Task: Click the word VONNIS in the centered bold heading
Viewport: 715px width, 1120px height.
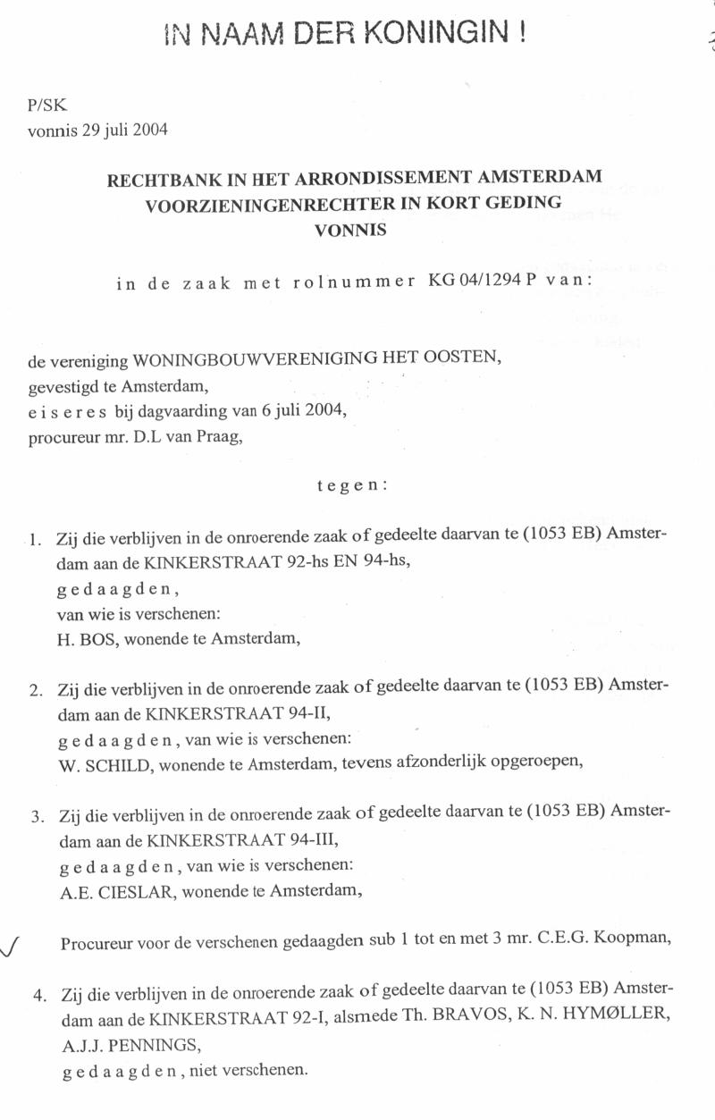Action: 351,229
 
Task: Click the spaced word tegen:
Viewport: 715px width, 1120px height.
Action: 352,486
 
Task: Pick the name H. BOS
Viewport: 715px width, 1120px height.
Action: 82,640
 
